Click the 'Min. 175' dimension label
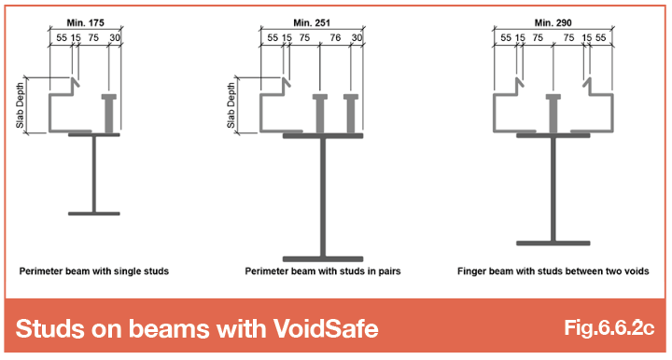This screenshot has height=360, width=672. click(x=85, y=22)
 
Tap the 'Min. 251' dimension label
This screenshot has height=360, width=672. click(x=312, y=22)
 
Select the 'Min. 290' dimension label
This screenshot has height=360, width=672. click(x=553, y=22)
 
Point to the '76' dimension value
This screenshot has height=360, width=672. click(x=335, y=37)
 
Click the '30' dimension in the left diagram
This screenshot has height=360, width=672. click(x=115, y=37)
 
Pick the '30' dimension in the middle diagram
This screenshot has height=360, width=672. click(x=357, y=37)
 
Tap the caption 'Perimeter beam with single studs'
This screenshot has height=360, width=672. click(x=94, y=271)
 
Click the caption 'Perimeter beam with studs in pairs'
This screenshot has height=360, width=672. click(x=323, y=271)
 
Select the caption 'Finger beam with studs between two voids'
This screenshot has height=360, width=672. click(x=553, y=271)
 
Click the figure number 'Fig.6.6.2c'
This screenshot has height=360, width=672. click(x=609, y=327)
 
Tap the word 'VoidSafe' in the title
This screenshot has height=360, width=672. click(x=326, y=328)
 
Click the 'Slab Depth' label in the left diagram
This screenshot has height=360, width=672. click(x=20, y=105)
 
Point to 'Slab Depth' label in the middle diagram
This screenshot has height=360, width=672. click(x=231, y=105)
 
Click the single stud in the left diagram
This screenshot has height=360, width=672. click(x=109, y=114)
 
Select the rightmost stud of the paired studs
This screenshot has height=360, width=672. click(x=351, y=114)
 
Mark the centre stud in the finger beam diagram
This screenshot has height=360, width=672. click(x=553, y=114)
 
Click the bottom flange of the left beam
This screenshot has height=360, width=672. click(x=94, y=214)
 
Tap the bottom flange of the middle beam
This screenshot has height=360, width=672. click(x=323, y=259)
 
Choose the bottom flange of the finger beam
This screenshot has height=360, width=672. click(x=553, y=243)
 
